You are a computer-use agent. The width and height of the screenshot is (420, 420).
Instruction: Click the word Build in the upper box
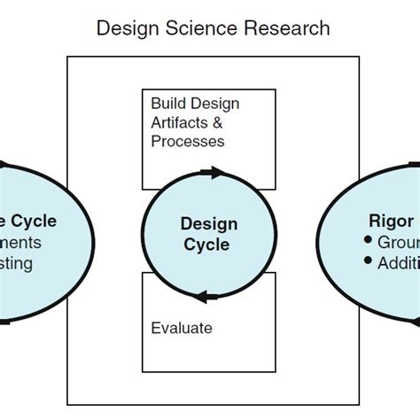click(169, 104)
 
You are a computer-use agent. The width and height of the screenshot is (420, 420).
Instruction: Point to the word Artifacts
click(181, 122)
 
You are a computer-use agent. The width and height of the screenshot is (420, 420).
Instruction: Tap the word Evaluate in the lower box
click(182, 328)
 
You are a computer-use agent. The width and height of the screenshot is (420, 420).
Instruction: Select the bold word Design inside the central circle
click(209, 223)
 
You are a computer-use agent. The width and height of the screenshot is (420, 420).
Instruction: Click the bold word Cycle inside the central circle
click(209, 245)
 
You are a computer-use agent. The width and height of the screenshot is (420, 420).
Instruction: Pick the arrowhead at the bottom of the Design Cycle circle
click(204, 296)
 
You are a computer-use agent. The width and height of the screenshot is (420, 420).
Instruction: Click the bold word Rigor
click(390, 220)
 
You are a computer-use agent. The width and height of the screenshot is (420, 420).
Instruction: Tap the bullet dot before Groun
click(367, 242)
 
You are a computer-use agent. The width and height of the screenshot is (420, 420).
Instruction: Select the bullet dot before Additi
click(367, 263)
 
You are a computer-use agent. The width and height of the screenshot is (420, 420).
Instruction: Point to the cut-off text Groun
click(398, 242)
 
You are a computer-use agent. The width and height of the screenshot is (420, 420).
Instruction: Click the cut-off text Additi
click(398, 263)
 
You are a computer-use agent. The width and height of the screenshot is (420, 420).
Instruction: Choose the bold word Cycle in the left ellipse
click(35, 220)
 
